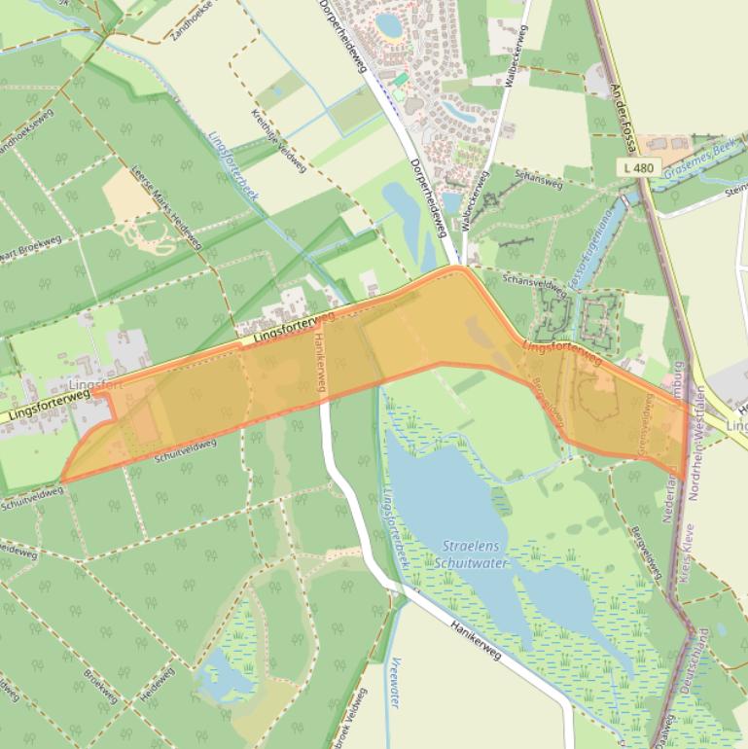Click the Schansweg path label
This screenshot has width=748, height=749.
click(x=540, y=181)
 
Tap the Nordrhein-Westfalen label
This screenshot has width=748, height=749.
click(x=698, y=438)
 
